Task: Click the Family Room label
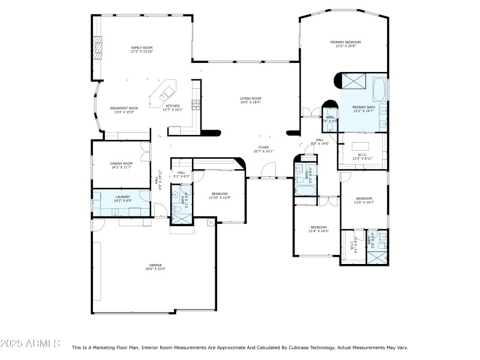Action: tap(142, 49)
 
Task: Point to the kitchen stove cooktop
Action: tap(195, 105)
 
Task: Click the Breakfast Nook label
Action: tap(124, 110)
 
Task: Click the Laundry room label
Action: tap(123, 198)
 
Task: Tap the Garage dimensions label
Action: tap(155, 269)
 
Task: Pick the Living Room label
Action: tap(251, 100)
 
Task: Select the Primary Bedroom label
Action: tap(350, 44)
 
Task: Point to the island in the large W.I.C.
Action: tap(360, 146)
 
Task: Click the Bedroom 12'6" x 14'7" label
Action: tap(364, 200)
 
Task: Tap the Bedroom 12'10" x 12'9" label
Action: tap(219, 195)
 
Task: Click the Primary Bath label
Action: tap(363, 109)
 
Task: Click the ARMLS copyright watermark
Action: tap(30, 344)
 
